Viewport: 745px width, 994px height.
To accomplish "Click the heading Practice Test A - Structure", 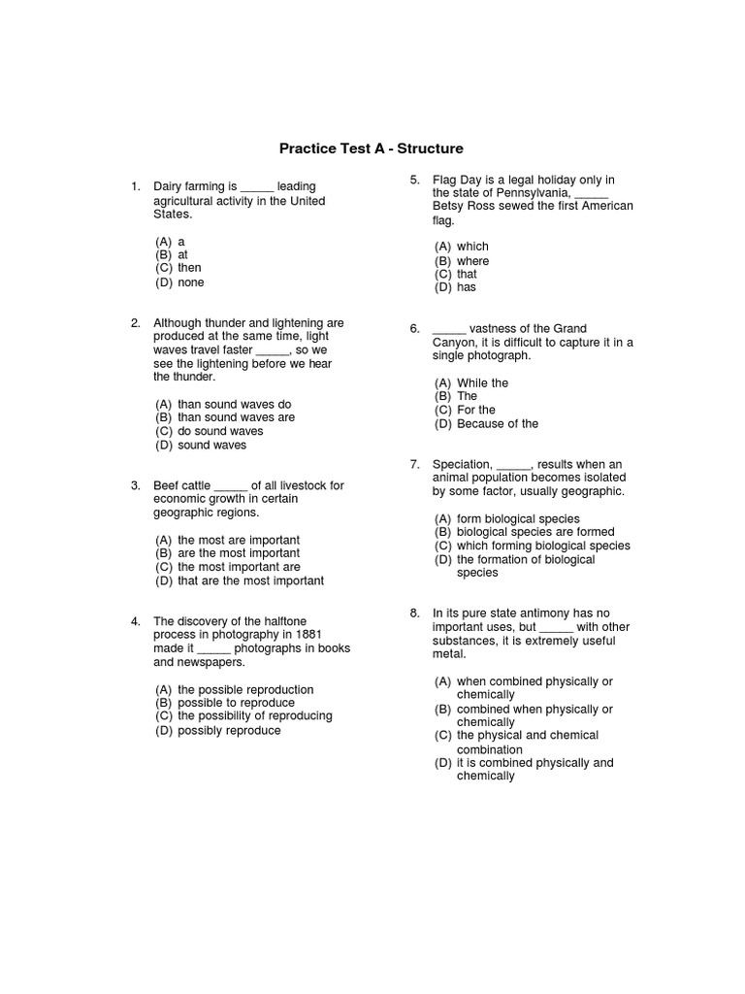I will (372, 149).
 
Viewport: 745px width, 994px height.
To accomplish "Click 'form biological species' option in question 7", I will (518, 519).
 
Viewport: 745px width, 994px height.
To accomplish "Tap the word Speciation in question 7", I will (463, 465).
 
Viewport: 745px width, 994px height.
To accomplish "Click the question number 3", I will (135, 485).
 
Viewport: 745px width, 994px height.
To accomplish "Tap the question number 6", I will (414, 329).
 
